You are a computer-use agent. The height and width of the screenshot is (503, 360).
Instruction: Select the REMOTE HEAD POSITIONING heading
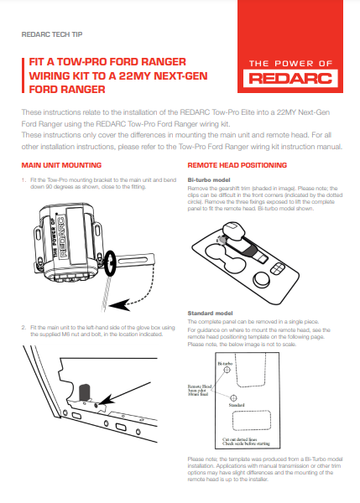pos(237,165)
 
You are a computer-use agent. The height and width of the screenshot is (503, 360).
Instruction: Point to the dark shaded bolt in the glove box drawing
pos(84,392)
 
